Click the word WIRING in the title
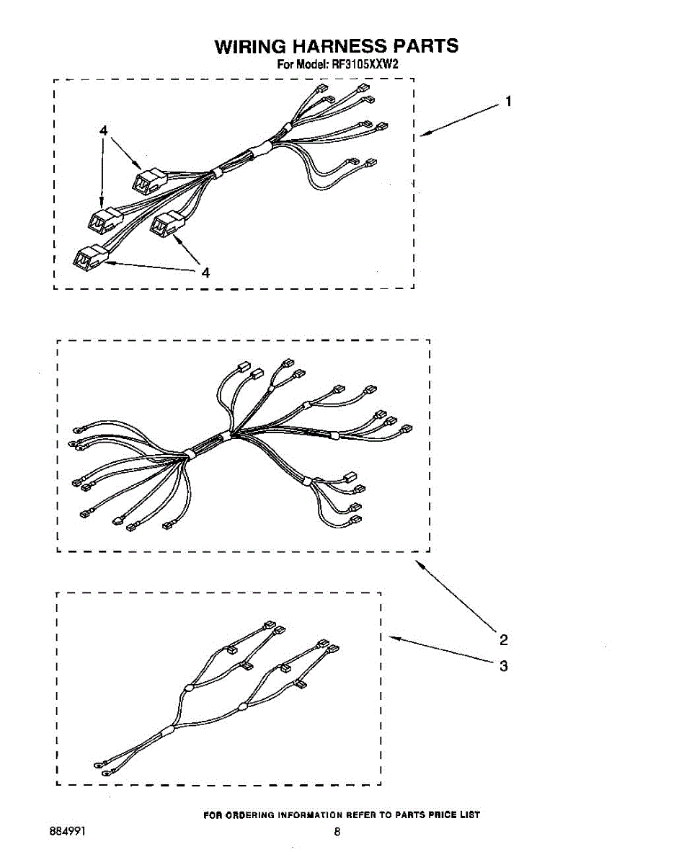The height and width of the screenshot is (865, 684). [250, 46]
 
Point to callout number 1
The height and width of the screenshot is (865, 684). [508, 102]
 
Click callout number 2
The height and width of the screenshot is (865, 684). [504, 639]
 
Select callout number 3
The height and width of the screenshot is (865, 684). [504, 666]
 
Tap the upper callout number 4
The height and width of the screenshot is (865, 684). [104, 130]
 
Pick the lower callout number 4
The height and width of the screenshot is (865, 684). [205, 273]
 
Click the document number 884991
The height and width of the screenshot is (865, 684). [68, 832]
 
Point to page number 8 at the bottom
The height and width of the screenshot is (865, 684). [337, 832]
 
